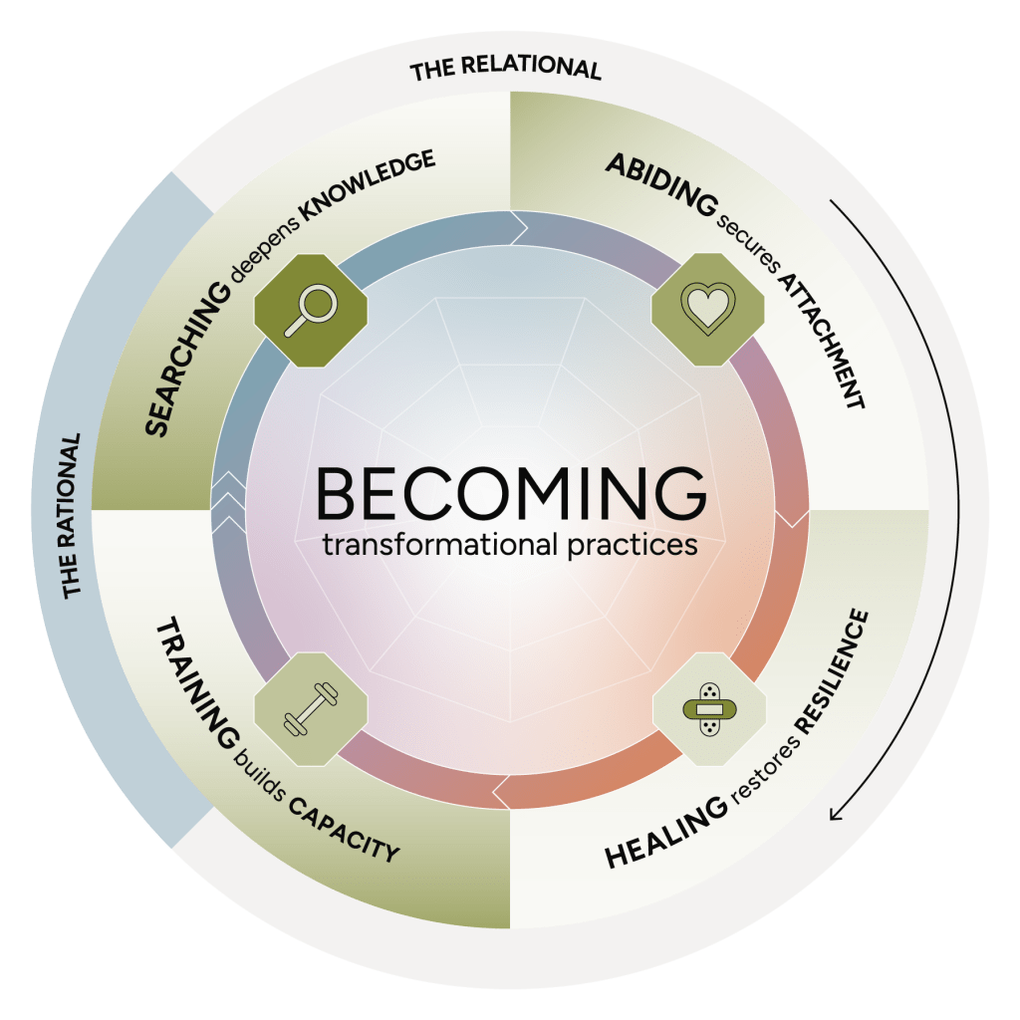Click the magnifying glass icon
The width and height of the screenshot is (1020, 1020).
[311, 310]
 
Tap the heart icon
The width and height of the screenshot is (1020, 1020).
[707, 310]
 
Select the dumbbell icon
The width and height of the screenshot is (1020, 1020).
[311, 709]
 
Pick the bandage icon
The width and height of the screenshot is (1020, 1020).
[708, 709]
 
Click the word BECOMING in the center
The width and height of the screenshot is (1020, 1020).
[510, 491]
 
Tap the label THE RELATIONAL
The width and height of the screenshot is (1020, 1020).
[506, 70]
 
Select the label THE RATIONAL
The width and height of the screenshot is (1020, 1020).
[72, 516]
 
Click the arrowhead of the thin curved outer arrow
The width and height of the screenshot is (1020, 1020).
[836, 815]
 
